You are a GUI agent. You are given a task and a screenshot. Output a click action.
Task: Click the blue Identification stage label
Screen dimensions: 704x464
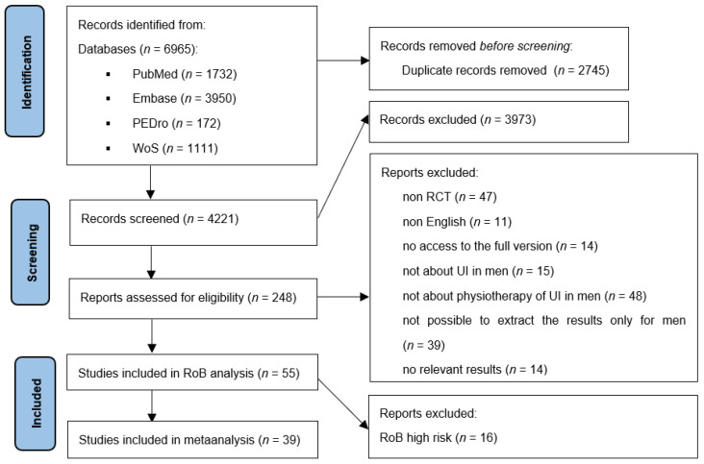point(25,71)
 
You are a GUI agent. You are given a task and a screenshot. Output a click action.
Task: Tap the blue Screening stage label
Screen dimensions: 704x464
point(31,252)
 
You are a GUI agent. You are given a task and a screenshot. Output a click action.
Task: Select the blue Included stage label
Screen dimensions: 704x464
point(36,403)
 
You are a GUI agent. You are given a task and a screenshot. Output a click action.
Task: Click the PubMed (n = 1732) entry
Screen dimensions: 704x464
point(185,74)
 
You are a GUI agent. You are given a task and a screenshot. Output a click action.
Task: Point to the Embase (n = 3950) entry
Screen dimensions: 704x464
point(184,99)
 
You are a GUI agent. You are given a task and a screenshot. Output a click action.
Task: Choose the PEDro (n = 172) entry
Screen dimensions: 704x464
point(176,123)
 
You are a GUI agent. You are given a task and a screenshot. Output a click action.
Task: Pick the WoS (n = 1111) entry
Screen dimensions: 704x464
point(175,148)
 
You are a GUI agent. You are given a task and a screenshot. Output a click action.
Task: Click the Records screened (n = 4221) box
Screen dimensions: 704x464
point(193,222)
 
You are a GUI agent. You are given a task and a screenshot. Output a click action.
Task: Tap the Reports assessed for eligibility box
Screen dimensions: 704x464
point(193,299)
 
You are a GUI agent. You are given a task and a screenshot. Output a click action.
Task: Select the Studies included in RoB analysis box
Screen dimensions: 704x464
point(192,372)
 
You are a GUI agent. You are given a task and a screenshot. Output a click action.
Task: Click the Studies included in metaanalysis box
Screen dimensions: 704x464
point(192,439)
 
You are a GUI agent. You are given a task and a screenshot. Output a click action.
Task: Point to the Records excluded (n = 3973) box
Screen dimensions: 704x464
point(499,122)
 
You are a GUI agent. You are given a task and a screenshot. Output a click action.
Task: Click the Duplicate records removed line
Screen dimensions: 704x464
point(505,70)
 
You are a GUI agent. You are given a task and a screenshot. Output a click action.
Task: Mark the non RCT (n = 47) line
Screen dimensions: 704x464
point(449,197)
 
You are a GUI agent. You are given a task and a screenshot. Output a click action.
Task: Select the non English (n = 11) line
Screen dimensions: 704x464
point(457,222)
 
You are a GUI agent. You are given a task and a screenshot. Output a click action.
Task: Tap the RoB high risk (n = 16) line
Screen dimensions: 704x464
point(439,437)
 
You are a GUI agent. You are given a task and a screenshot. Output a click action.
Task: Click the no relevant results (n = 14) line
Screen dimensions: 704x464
point(475,370)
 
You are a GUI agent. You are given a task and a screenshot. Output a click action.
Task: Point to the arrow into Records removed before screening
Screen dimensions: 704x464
point(343,61)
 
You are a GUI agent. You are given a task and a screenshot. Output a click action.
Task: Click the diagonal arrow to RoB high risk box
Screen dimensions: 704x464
point(343,403)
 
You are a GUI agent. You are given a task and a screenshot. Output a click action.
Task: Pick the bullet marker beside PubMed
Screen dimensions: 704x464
point(109,74)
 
